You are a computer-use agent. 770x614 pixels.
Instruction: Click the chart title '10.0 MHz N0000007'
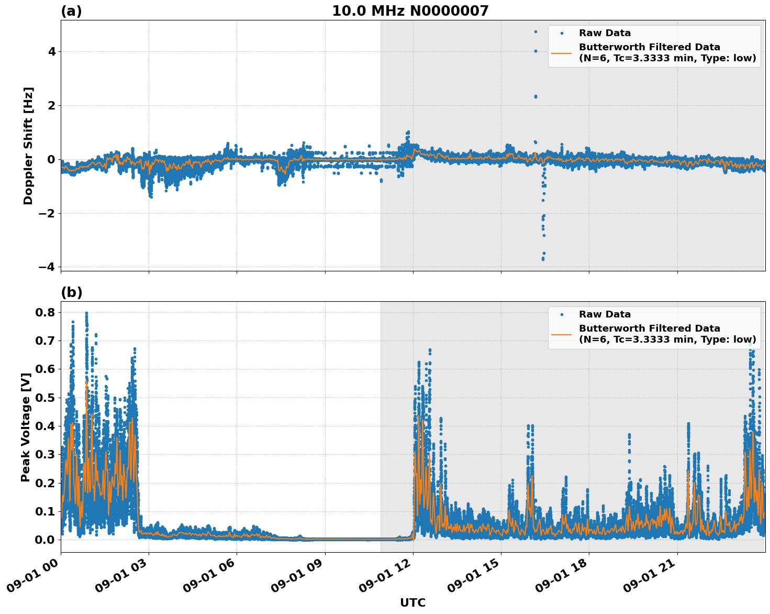click(410, 11)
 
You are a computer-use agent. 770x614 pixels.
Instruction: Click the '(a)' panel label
click(71, 11)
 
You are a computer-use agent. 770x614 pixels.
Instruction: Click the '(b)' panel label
click(71, 292)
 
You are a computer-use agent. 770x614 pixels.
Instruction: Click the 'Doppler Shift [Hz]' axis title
click(28, 146)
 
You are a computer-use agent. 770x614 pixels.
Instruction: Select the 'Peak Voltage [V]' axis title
click(25, 427)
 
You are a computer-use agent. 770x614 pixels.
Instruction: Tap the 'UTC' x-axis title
click(412, 602)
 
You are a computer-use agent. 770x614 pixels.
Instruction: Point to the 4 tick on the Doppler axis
click(52, 51)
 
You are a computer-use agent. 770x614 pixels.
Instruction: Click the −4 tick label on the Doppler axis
click(47, 267)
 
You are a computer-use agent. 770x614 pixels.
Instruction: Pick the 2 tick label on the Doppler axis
click(52, 105)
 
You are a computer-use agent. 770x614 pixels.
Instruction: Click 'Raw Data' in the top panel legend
click(605, 33)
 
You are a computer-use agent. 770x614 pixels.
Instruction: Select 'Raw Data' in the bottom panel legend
click(605, 314)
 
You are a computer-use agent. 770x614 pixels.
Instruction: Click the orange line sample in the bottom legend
click(561, 334)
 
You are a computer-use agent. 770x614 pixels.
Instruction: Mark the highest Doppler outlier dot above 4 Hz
click(535, 31)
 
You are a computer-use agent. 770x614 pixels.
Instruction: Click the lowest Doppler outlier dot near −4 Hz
click(543, 259)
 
